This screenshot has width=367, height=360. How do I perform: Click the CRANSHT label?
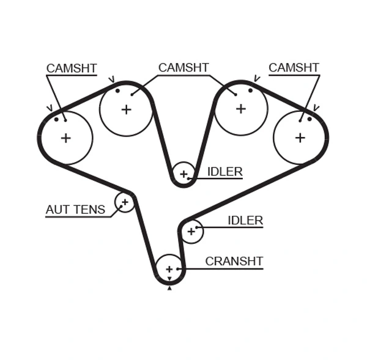click(234, 261)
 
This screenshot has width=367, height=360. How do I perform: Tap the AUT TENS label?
click(75, 210)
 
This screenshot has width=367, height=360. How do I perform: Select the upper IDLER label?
click(224, 172)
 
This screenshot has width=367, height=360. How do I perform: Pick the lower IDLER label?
click(245, 220)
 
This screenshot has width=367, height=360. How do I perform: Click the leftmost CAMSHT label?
click(72, 68)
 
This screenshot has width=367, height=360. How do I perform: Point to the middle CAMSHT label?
click(183, 68)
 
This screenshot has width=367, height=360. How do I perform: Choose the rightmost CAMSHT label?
click(294, 68)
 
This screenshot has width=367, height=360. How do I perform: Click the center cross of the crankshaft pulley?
click(169, 269)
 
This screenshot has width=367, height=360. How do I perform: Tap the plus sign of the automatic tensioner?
click(125, 201)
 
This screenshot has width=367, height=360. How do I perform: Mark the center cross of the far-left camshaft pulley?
click(65, 138)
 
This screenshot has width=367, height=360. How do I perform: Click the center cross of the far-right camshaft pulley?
click(300, 138)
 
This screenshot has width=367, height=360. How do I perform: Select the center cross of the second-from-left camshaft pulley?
click(126, 109)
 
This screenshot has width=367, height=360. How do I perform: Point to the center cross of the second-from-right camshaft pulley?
click(240, 109)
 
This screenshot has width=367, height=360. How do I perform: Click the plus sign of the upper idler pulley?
click(183, 174)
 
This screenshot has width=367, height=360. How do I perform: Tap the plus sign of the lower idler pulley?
click(191, 231)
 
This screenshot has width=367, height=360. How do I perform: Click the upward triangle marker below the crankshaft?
click(169, 288)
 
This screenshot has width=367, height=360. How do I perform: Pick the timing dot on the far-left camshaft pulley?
click(56, 119)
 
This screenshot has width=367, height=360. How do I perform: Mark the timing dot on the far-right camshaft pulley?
click(310, 119)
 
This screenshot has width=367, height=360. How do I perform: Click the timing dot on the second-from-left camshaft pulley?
click(117, 91)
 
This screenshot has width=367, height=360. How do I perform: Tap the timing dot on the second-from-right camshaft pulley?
click(250, 90)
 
